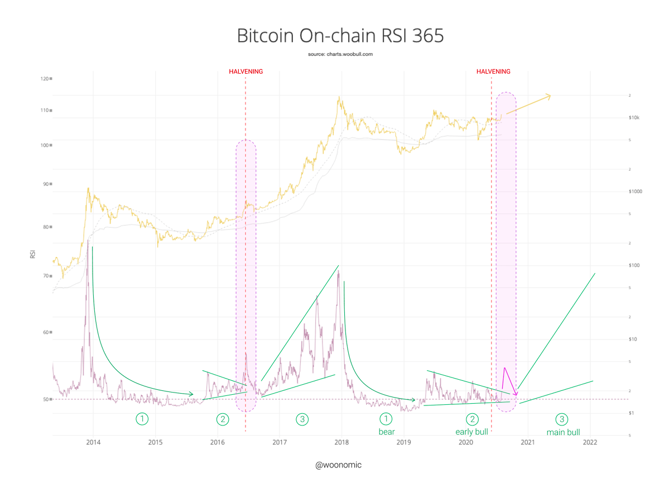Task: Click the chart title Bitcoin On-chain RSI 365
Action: (x=340, y=36)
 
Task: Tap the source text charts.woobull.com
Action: (x=340, y=54)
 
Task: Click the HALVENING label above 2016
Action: (x=246, y=71)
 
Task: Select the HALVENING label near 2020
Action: (x=493, y=71)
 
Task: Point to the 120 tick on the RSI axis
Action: (x=44, y=79)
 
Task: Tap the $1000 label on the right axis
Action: (x=636, y=192)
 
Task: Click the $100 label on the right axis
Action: (x=634, y=265)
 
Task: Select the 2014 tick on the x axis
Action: (x=93, y=442)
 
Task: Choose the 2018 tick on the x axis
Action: (x=341, y=442)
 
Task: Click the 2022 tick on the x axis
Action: (x=590, y=442)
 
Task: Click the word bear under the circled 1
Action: (x=386, y=432)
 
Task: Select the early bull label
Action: (x=472, y=432)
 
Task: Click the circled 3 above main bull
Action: (x=562, y=419)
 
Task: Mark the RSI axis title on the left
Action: (x=32, y=255)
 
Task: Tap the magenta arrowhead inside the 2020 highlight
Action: (x=516, y=395)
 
